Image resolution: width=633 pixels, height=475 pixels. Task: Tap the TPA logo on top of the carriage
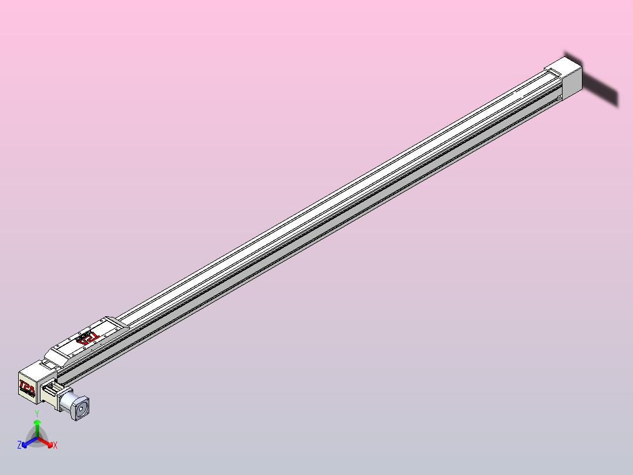coord(88,337)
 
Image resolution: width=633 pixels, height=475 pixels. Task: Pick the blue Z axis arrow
coord(27,443)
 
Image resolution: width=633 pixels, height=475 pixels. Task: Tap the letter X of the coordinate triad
coord(55,446)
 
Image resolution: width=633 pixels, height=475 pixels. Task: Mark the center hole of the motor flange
coord(81,408)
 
